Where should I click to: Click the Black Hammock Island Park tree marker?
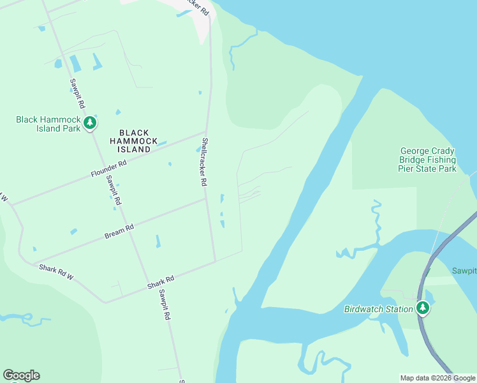[x=90, y=122]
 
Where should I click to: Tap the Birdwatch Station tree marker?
[x=422, y=308]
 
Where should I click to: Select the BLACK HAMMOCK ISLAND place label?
[x=134, y=141]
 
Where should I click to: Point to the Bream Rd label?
[x=119, y=231]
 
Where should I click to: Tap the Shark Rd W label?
[x=56, y=272]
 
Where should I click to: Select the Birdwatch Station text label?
[x=379, y=310]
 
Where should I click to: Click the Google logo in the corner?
[x=21, y=375]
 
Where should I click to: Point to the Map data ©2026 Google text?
[x=437, y=378]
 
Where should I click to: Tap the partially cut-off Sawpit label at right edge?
[x=465, y=271]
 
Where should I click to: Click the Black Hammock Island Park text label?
[x=48, y=123]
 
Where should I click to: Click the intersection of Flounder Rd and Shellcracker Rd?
[x=205, y=133]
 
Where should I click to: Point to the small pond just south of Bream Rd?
[x=157, y=241]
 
